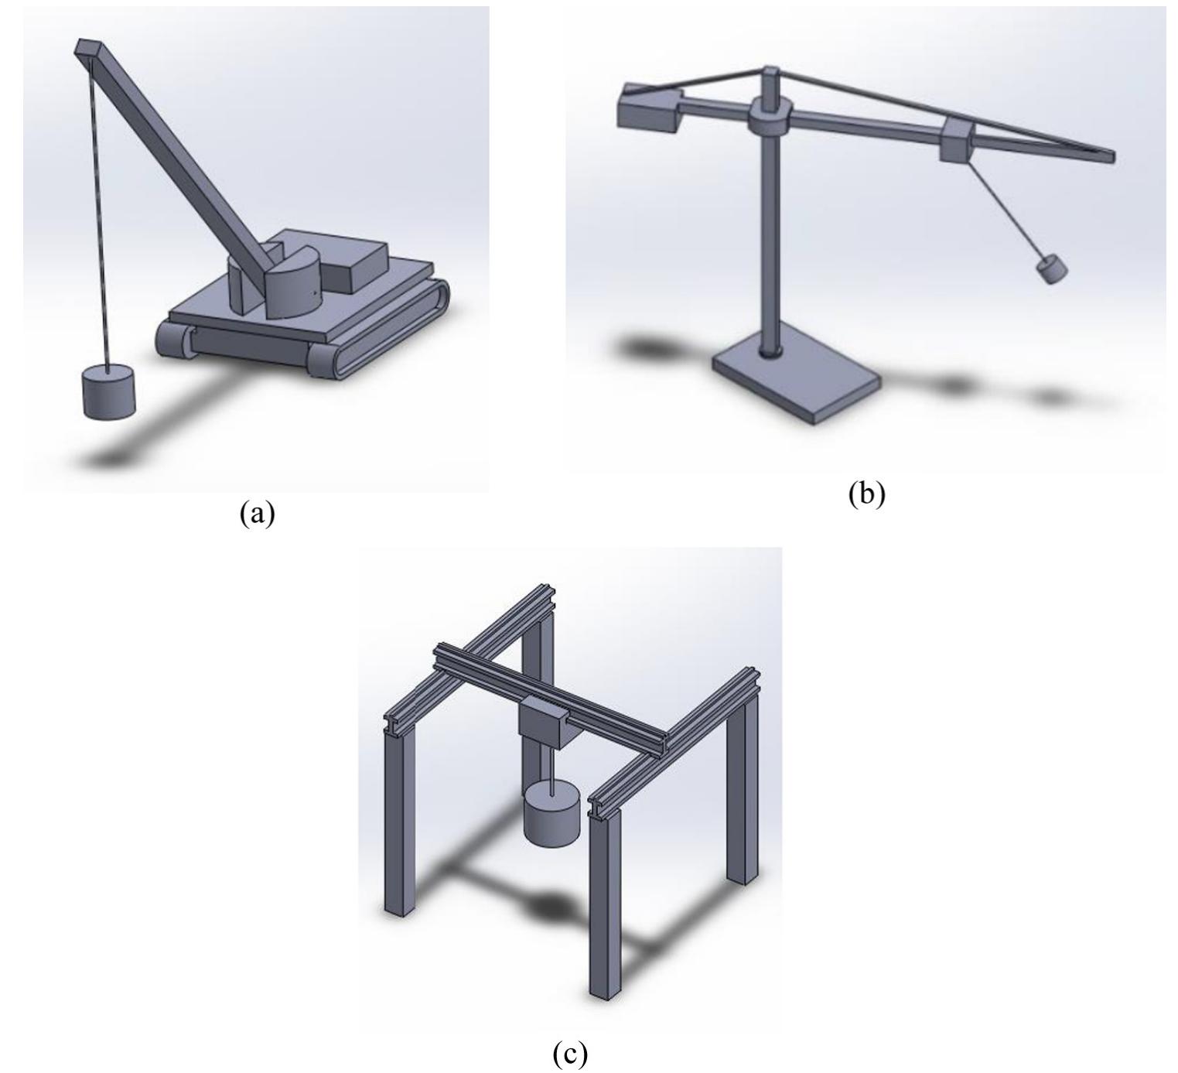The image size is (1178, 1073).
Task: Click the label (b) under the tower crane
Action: pos(866,494)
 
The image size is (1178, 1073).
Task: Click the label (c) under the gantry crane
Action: pos(570,1053)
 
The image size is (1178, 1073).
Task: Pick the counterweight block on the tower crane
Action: pos(648,108)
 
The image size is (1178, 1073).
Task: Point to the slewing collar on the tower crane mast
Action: pos(768,119)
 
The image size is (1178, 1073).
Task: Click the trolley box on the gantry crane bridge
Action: pos(544,722)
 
